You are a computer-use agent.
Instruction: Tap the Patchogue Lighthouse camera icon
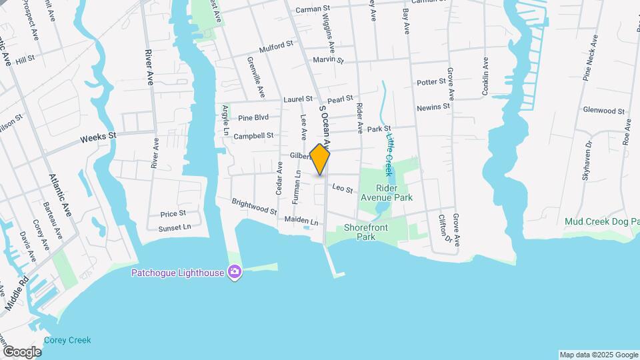tap(234, 271)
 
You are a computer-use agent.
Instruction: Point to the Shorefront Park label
tap(366, 232)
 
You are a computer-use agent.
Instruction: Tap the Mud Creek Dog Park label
tap(601, 221)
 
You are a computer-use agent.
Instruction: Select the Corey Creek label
tap(67, 340)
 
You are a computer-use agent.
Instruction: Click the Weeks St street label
tap(98, 138)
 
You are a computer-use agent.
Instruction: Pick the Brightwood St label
tap(254, 207)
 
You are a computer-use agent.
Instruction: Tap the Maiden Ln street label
tap(301, 219)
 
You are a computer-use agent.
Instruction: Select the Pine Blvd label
tap(253, 117)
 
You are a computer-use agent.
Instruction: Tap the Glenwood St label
tap(603, 111)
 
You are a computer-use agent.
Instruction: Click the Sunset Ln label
tap(174, 227)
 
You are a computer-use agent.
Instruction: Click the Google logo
tap(22, 351)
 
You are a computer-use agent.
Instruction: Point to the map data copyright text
tap(598, 355)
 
